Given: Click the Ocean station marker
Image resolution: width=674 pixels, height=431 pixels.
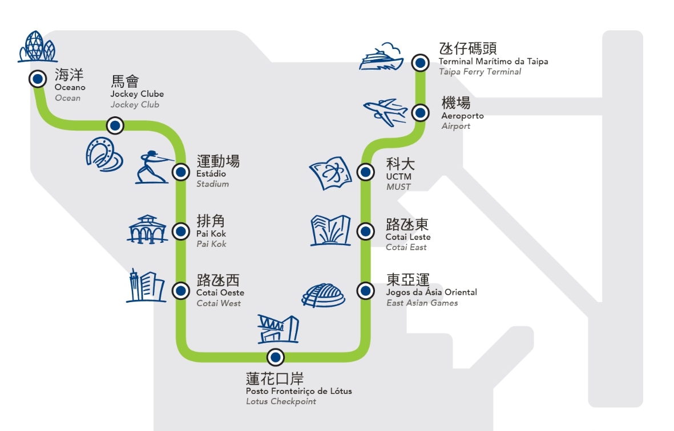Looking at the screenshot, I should pos(38,79).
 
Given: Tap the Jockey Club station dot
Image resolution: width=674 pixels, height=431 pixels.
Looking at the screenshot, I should pos(115,125).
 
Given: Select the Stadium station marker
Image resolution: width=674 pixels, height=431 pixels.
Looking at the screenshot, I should pos(181,171).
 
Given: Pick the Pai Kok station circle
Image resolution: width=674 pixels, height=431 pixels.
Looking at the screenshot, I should pos(181,231).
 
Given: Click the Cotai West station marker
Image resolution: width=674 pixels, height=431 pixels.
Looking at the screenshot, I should pos(181,291).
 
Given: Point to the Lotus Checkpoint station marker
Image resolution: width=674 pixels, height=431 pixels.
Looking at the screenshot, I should pos(276,357).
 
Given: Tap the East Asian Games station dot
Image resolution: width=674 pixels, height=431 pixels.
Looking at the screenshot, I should pos(365,291).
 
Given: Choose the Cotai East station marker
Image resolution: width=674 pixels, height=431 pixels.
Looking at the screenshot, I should pos(365,231).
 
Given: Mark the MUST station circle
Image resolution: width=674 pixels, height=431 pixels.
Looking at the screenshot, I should pos(365,171).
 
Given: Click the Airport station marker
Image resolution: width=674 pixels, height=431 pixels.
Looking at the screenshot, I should pos(420,113).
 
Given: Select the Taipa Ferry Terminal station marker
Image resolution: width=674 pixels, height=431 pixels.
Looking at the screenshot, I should pos(420,63).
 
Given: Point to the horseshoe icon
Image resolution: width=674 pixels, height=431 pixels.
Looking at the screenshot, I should pos(103,154).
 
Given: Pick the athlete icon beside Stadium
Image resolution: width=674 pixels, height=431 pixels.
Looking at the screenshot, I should pos(153,167).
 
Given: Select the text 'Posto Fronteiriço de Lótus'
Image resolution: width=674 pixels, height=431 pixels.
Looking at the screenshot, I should pos(299,391).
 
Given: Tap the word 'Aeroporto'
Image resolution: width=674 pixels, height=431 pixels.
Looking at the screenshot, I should pos(462,116).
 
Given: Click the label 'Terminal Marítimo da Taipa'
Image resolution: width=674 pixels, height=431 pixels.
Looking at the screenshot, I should pos(493,62).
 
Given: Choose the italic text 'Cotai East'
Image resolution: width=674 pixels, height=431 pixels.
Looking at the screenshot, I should pos(406,247).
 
